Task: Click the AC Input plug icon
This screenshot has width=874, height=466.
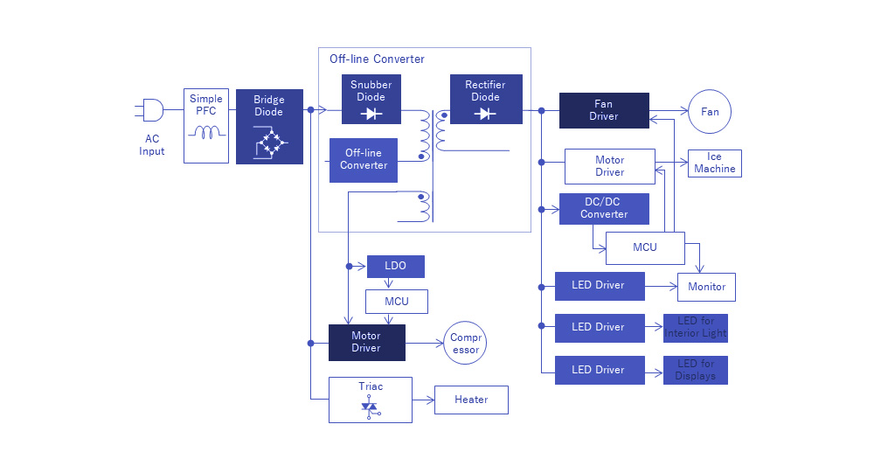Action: tap(150, 110)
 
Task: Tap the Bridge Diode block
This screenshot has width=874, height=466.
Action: tap(269, 126)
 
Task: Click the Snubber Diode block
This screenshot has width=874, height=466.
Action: tap(371, 99)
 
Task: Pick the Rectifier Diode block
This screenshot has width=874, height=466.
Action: tap(486, 99)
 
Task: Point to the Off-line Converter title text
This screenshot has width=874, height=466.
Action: tap(377, 59)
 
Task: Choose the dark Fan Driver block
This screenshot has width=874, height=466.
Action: tap(603, 110)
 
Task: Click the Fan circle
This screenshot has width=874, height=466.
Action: tap(710, 112)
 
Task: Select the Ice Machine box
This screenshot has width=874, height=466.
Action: tap(715, 163)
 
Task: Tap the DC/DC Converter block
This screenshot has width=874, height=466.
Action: tap(604, 209)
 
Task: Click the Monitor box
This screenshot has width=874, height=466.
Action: tap(707, 287)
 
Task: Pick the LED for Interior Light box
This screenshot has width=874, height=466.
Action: tap(696, 328)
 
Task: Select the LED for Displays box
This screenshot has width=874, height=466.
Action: tap(696, 370)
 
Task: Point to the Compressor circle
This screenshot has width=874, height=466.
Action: tap(466, 344)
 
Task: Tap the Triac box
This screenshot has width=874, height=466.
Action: tap(371, 400)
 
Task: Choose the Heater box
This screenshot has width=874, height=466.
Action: tap(471, 400)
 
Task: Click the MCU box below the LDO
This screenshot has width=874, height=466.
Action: tap(397, 302)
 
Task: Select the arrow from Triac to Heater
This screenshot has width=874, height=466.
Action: tap(423, 400)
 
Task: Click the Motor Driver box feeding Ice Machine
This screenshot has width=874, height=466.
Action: tap(609, 166)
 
